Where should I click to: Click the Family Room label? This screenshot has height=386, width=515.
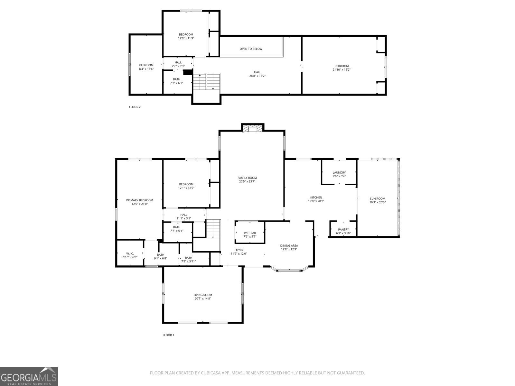pos(247,178)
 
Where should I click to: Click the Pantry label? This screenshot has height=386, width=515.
pos(343,230)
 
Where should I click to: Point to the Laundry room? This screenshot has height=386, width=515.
pos(339,174)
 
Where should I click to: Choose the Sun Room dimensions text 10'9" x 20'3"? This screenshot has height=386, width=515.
pos(378,202)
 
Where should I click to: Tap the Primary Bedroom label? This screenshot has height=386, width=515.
pos(140,200)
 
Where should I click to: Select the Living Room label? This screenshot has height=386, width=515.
pos(203,295)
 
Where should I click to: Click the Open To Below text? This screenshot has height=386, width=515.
pos(251,49)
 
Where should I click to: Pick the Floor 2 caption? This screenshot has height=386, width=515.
pos(135,107)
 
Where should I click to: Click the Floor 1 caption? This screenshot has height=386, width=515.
pos(168,335)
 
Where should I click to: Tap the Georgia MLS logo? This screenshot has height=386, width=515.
pos(29,376)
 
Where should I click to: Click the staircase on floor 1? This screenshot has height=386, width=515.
pos(213,229)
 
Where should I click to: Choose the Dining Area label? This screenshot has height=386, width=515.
pos(289,246)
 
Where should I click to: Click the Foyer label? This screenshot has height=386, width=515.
pos(239,250)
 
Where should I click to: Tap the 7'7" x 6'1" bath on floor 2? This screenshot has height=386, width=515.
pos(176,81)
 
